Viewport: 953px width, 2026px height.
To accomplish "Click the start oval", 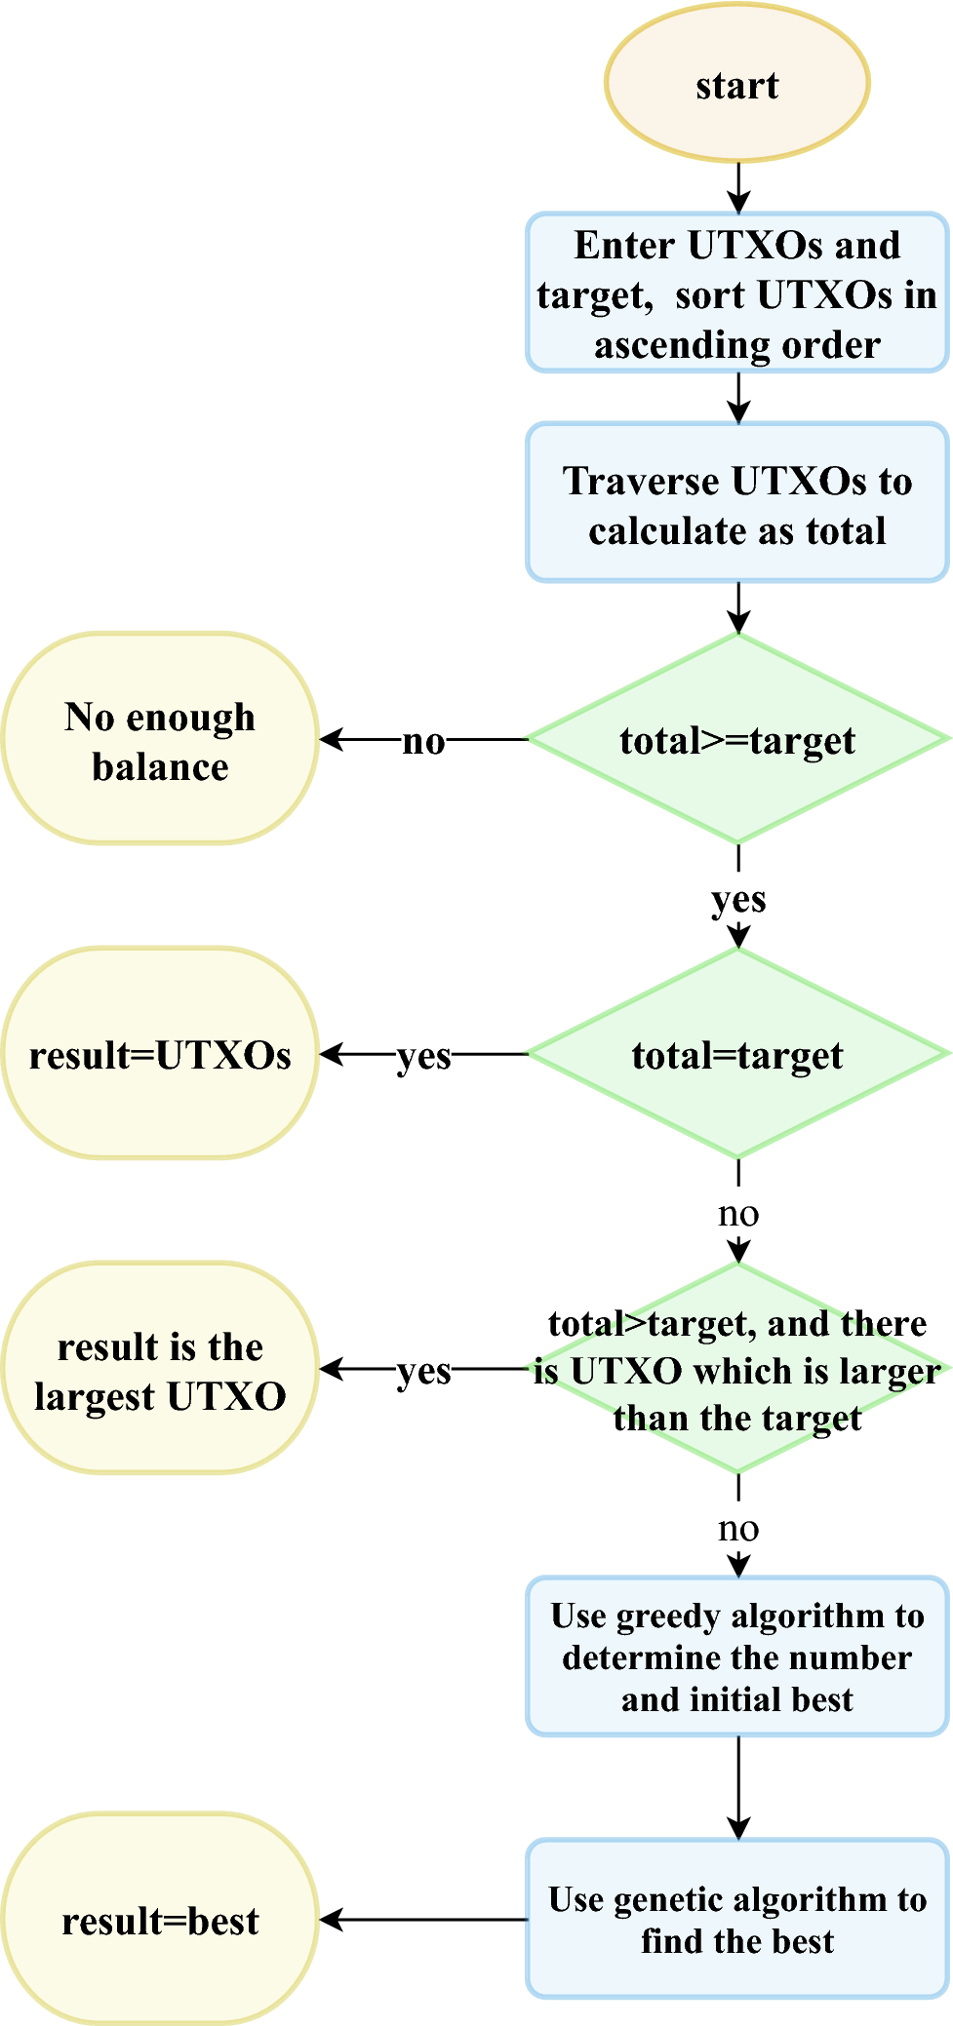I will pyautogui.click(x=736, y=84).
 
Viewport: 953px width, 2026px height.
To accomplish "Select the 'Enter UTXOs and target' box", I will pyautogui.click(x=736, y=293).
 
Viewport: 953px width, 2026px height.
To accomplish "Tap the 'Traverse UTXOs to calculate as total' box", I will pyautogui.click(x=736, y=503).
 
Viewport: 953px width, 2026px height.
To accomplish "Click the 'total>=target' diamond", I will pyautogui.click(x=736, y=740).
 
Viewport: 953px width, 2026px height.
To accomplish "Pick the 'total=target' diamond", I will pyautogui.click(x=736, y=1054).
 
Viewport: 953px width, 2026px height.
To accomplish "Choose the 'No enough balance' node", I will pyautogui.click(x=160, y=739).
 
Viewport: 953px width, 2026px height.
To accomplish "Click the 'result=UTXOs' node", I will pyautogui.click(x=160, y=1054).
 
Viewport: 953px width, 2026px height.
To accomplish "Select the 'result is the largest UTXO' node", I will pyautogui.click(x=160, y=1369).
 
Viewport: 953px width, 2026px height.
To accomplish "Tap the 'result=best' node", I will pyautogui.click(x=160, y=1920).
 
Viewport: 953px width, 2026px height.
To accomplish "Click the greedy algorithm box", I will pyautogui.click(x=736, y=1656).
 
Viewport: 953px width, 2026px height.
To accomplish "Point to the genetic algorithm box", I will pyautogui.click(x=736, y=1919).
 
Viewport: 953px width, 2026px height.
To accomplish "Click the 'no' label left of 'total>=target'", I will pyautogui.click(x=423, y=741).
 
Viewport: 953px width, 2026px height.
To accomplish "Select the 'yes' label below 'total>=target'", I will pyautogui.click(x=738, y=898).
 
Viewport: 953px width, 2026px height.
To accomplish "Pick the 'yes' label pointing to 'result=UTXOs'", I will pyautogui.click(x=423, y=1055).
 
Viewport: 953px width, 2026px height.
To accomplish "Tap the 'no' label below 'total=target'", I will pyautogui.click(x=738, y=1213).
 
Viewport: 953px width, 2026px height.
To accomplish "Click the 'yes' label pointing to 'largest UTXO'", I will pyautogui.click(x=423, y=1370).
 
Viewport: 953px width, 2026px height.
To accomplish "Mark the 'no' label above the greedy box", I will pyautogui.click(x=738, y=1528).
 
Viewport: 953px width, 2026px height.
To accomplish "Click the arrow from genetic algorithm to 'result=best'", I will pyautogui.click(x=424, y=1920).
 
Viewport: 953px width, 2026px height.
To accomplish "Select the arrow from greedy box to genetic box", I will pyautogui.click(x=738, y=1787).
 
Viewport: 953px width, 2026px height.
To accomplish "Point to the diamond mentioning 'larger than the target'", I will pyautogui.click(x=736, y=1369).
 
